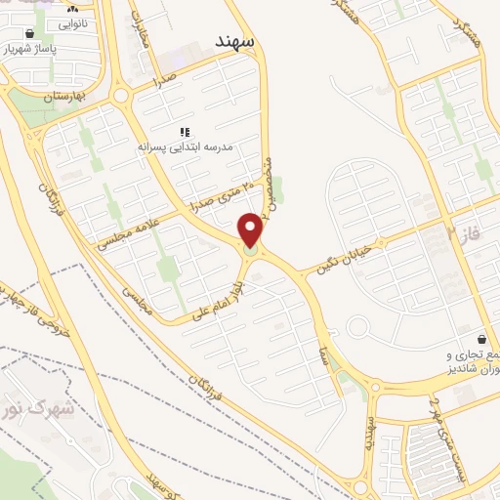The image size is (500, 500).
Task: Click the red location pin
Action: tap(251, 230)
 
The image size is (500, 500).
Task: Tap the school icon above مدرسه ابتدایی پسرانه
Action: tap(184, 132)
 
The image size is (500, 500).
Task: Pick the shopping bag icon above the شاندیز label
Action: tap(479, 335)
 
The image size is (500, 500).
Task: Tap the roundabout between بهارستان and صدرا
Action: tap(121, 96)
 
